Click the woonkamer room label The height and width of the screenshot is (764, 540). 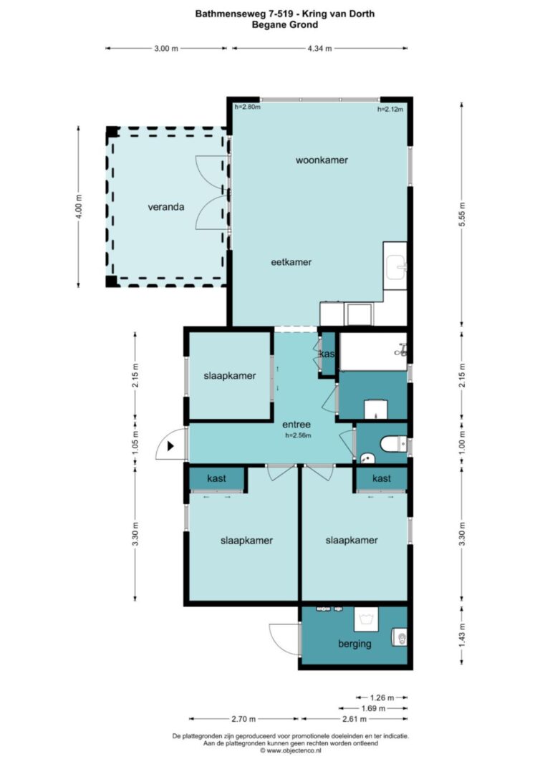322,160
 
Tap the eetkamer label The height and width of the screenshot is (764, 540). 291,262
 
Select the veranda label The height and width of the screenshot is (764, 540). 166,207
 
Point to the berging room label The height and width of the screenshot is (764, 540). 355,644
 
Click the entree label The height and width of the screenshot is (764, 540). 296,425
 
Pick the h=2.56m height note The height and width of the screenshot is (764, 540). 298,435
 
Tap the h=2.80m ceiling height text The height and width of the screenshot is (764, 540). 248,107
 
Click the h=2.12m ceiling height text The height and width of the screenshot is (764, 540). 390,109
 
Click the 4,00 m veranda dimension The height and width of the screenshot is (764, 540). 79,206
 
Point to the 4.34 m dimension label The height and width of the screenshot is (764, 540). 319,48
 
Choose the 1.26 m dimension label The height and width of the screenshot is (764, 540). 382,697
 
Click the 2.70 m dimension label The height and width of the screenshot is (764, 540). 244,719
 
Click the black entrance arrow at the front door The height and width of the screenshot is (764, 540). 170,445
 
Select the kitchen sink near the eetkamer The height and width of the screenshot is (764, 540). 395,266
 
